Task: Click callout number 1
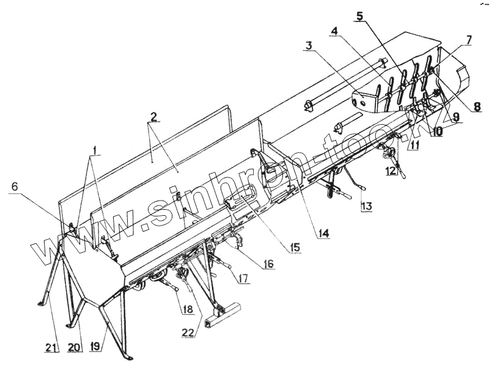tap(96, 150)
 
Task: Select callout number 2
tap(153, 116)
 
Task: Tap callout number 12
tap(391, 171)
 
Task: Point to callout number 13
tap(366, 207)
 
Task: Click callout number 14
tap(323, 233)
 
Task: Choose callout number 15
tap(295, 248)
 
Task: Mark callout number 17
tap(243, 279)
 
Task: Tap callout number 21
tap(52, 348)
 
